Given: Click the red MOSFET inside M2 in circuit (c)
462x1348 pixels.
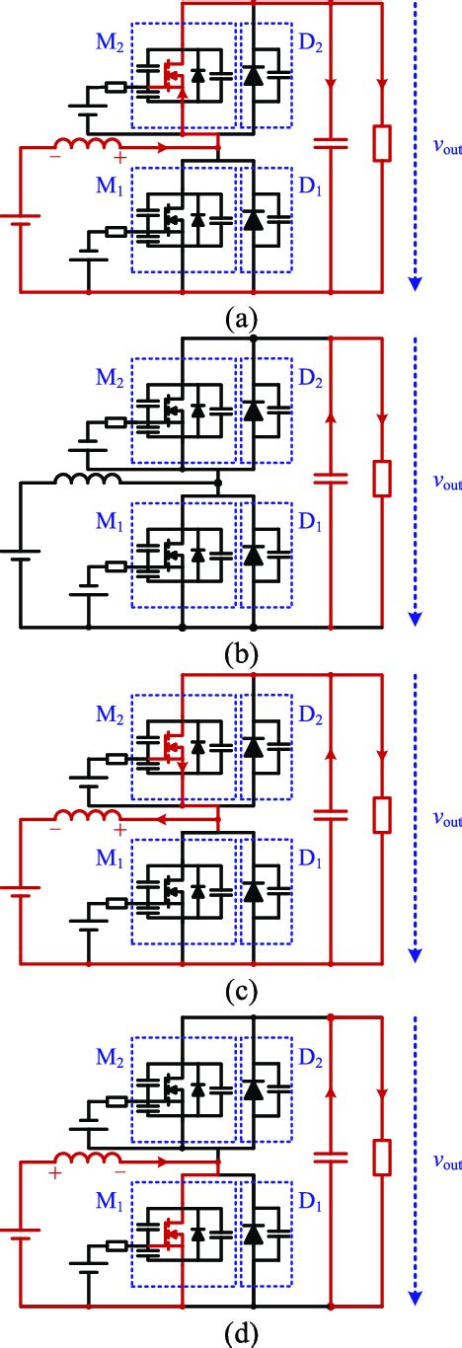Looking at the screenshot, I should [174, 752].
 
